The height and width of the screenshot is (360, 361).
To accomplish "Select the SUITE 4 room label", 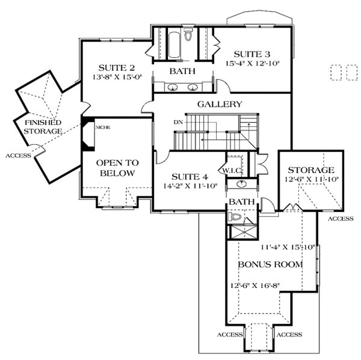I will point(190,176).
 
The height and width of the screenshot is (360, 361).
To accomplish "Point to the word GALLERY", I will point(220,104).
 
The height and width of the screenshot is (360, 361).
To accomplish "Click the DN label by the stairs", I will point(177,123).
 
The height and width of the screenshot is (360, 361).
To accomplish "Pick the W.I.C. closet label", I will point(233,170).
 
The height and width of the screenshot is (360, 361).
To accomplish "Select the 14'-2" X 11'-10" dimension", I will point(190,186).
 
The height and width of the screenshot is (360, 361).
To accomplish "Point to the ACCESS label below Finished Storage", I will point(17,156).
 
